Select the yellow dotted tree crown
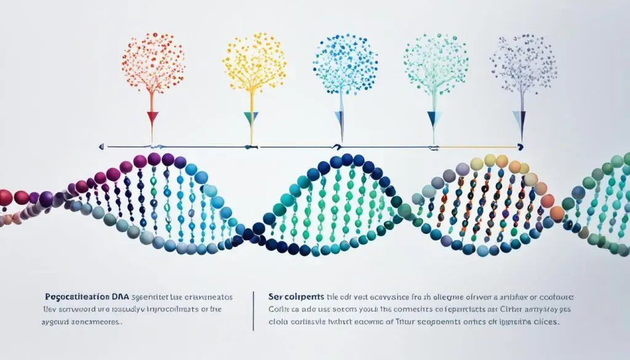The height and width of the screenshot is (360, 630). pos(253,62)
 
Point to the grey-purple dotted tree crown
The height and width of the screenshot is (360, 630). pos(522,62)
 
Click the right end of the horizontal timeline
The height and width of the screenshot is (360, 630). pos(520,146)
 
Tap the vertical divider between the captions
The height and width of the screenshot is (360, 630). pos(253,310)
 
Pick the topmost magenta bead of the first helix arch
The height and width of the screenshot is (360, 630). pos(154,159)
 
